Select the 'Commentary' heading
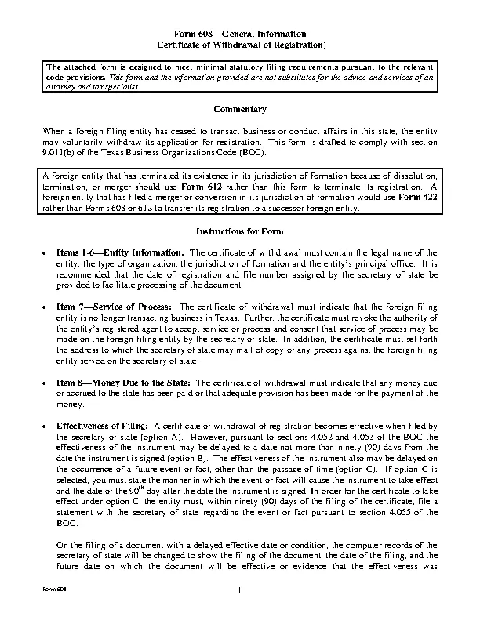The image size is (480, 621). point(239,108)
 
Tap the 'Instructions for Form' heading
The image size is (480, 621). point(239,233)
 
